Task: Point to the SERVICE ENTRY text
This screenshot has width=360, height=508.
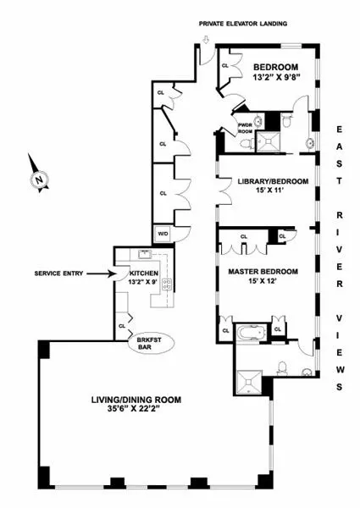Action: [61, 273]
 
